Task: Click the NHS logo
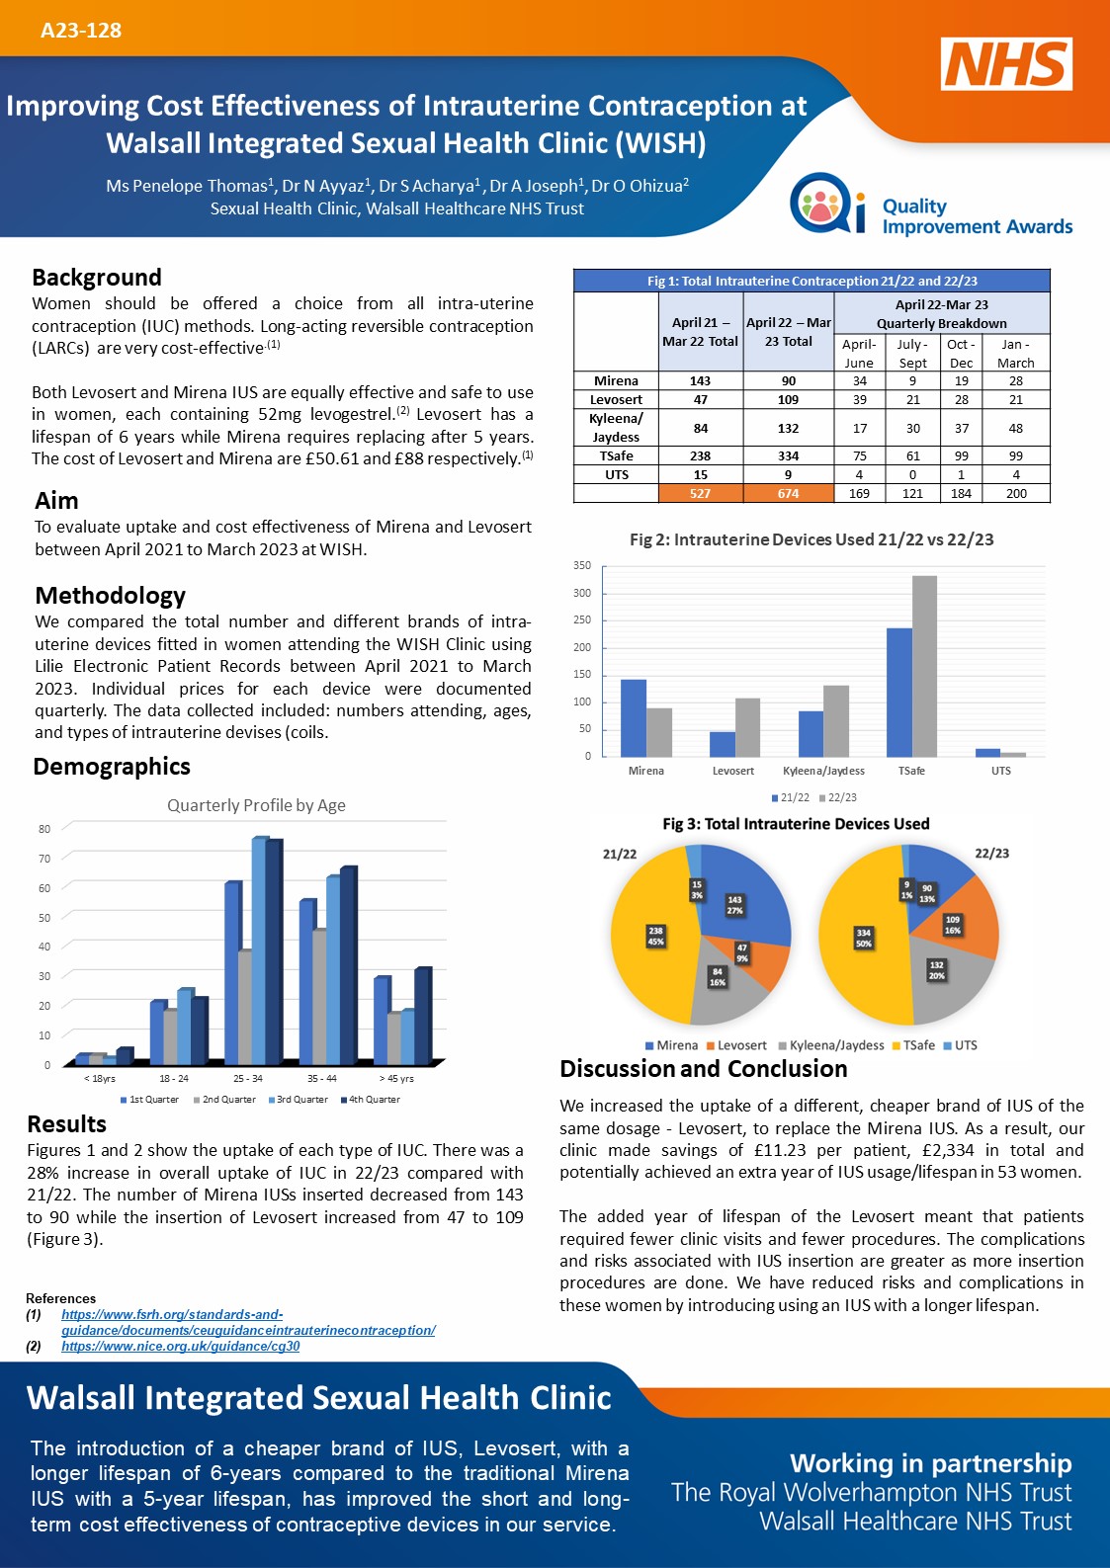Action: coord(1006,63)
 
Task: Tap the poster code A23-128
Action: coord(81,30)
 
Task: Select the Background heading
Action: coord(97,278)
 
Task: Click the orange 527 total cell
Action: coord(701,493)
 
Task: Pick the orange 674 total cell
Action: coord(789,493)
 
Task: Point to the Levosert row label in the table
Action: coord(616,400)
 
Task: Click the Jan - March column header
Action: coord(1015,353)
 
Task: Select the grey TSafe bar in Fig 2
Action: coord(924,666)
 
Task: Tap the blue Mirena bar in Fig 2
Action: coord(634,718)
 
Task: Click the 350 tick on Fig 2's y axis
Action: coord(582,565)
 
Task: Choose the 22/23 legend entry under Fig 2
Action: coord(837,797)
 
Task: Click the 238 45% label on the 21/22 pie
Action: coord(655,936)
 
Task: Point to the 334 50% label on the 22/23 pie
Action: coord(864,938)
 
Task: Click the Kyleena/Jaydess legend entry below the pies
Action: coord(831,1045)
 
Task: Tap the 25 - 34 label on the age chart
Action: coord(248,1078)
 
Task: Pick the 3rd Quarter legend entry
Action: coord(299,1099)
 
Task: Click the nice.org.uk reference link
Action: coord(181,1346)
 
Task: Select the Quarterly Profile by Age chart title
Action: coord(256,805)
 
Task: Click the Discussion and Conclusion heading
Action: coord(704,1069)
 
